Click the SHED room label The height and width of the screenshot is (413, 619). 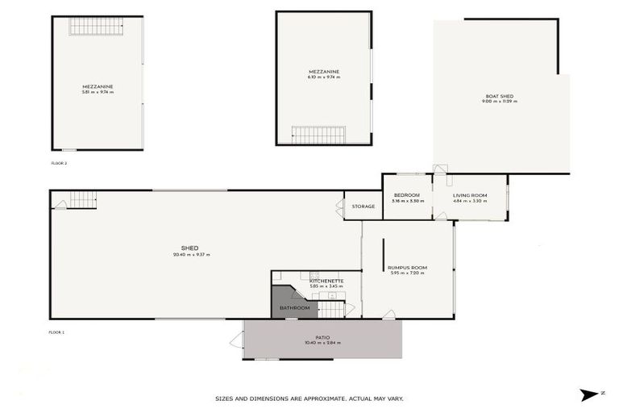click(190, 248)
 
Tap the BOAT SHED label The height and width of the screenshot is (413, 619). click(499, 96)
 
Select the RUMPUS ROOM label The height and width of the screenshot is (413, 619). click(407, 267)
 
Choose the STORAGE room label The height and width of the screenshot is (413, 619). click(364, 206)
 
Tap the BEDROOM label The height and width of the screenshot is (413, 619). click(405, 195)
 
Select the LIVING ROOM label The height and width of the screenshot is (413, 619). click(470, 195)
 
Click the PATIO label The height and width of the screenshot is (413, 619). click(322, 337)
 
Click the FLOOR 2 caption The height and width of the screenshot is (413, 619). click(59, 163)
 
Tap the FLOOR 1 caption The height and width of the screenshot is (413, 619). click(56, 332)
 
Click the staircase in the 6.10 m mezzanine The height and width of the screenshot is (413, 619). click(318, 135)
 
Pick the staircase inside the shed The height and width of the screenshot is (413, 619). click(81, 199)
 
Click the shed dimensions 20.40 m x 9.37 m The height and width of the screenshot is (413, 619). click(191, 255)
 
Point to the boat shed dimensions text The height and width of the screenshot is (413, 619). click(498, 102)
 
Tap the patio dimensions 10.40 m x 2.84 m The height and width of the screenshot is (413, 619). click(322, 344)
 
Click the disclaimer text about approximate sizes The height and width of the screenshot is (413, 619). click(309, 398)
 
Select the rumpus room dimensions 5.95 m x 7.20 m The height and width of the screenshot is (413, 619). click(407, 273)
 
